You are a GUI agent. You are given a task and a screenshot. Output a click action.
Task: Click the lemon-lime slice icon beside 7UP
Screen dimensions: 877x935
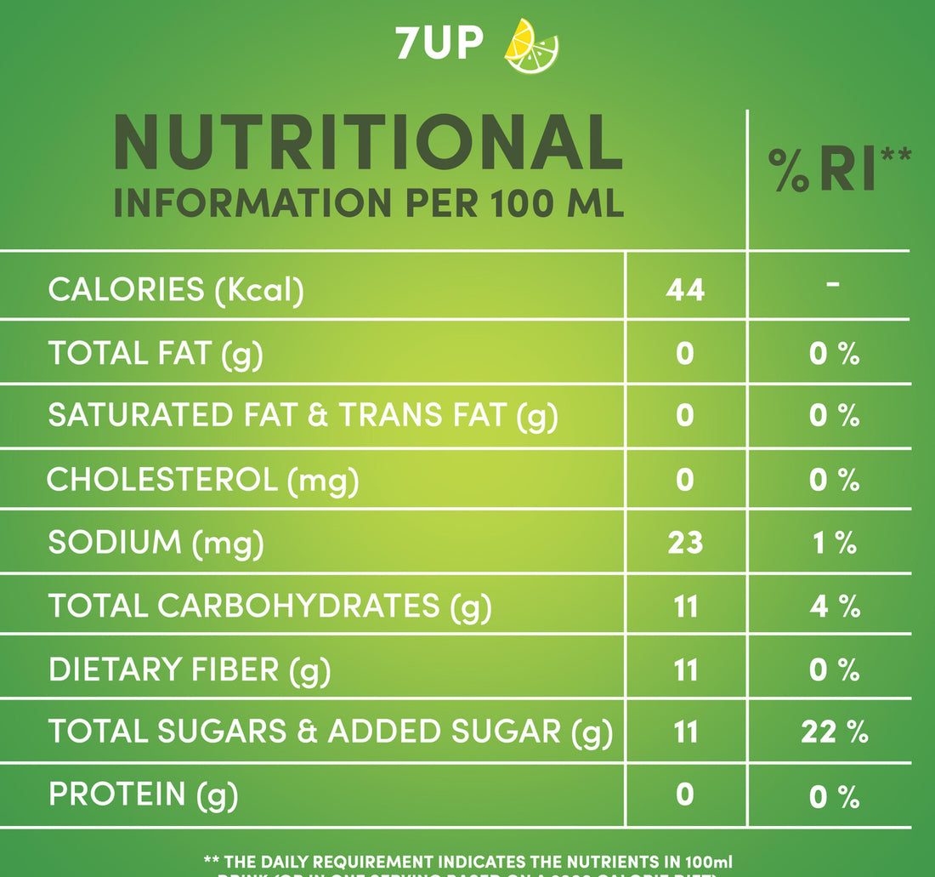point(531,46)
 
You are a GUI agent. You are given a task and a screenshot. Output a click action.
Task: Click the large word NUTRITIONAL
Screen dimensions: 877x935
point(368,143)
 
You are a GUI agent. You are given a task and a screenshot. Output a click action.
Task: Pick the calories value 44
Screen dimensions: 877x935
point(685,290)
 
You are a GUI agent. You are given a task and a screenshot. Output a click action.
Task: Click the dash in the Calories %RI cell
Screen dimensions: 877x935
point(833,283)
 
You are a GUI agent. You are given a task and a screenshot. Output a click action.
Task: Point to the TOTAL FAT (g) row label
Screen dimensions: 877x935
point(156,353)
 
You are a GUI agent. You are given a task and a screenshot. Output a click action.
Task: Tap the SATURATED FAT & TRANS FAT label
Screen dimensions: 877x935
point(303,416)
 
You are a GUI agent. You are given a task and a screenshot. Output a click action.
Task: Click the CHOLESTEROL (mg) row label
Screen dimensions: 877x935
point(202,481)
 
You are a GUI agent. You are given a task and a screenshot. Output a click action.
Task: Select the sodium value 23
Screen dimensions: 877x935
point(685,543)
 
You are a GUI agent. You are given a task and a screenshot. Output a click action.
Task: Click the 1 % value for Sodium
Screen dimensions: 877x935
point(834,543)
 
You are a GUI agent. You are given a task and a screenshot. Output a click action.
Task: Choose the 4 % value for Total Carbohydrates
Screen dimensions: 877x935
point(834,607)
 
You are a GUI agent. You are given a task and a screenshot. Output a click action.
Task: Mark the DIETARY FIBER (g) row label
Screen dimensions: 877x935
point(189,670)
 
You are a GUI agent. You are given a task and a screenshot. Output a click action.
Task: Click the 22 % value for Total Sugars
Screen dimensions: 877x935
point(834,732)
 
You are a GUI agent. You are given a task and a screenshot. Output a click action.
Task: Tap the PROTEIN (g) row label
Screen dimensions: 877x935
point(143,794)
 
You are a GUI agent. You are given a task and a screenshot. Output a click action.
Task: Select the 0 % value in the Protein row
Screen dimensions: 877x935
point(834,796)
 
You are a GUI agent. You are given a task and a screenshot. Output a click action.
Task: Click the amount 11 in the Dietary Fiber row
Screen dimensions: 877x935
point(685,670)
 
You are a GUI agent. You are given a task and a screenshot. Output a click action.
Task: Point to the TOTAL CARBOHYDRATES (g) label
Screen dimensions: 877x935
point(270,606)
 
